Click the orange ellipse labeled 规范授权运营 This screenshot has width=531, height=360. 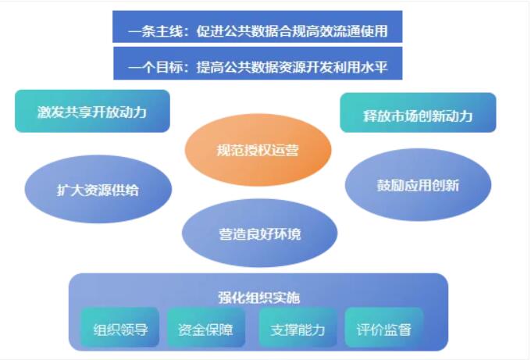258,150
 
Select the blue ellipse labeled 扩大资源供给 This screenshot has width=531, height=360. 98,189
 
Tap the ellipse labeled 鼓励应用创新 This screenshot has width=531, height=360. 419,185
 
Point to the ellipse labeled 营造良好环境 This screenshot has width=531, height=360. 260,233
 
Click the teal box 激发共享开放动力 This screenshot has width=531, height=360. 92,111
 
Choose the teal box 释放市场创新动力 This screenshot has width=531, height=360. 419,112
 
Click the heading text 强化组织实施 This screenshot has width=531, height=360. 259,298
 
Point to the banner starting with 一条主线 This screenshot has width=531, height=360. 258,27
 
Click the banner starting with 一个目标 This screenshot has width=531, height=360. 258,63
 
